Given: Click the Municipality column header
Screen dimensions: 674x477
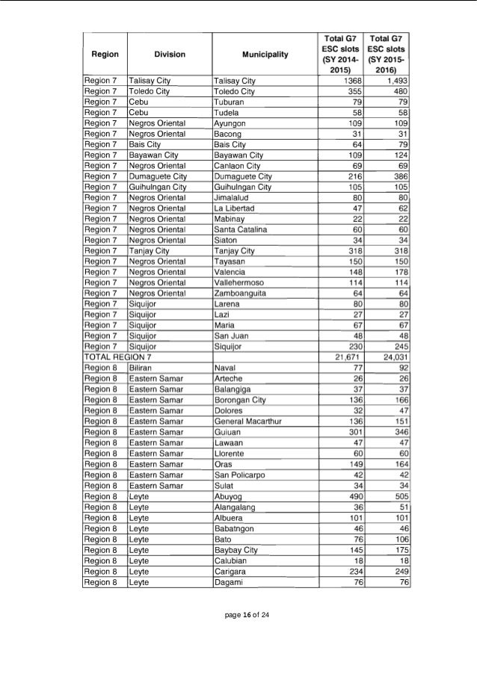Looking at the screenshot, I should pyautogui.click(x=266, y=54).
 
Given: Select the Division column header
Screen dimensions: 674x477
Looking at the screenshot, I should pyautogui.click(x=170, y=54).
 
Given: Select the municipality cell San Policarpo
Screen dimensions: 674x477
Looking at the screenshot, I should pyautogui.click(x=238, y=474).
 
